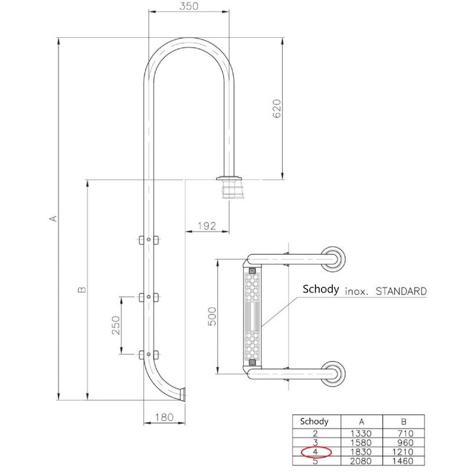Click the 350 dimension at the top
click(189, 6)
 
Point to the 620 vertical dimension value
click(277, 109)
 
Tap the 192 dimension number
click(207, 226)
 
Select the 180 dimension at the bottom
click(165, 417)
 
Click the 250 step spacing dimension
click(116, 325)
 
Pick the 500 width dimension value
click(212, 316)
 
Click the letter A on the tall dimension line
click(53, 218)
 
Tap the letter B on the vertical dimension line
click(81, 290)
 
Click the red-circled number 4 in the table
click(316, 452)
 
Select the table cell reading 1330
click(361, 434)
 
